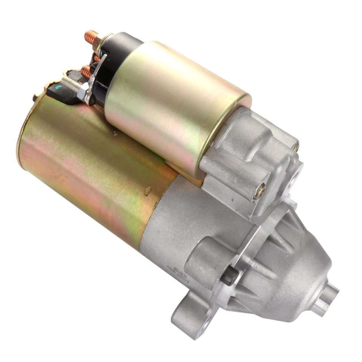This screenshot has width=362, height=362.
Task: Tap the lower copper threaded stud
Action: coord(86,71)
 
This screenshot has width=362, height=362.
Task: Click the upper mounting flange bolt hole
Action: coord(293,180)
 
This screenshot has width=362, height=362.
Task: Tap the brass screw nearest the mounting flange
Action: coord(259,193)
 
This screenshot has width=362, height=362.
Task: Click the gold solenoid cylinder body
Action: coord(173,102)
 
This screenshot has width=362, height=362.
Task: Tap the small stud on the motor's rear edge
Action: coord(35,98)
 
